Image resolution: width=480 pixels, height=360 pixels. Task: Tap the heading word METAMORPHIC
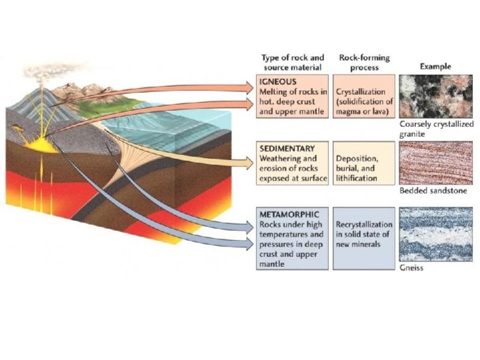click(289, 215)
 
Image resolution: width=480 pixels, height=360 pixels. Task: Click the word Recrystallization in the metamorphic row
click(364, 225)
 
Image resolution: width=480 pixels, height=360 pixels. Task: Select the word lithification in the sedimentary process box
click(359, 179)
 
